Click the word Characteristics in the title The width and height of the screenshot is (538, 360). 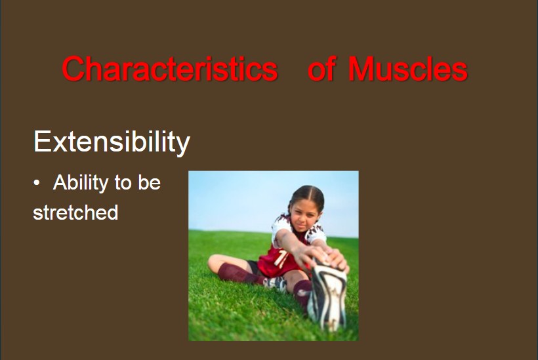[170, 69]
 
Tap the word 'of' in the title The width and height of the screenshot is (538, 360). [321, 69]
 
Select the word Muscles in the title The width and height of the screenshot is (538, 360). [407, 69]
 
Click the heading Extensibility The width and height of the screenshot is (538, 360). [112, 141]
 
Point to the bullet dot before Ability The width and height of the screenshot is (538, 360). [37, 183]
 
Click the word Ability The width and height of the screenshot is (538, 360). [81, 183]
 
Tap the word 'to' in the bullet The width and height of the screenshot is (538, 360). [123, 183]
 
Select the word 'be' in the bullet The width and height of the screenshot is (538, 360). [149, 182]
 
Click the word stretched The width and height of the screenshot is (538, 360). [75, 212]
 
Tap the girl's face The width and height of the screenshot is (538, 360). [304, 216]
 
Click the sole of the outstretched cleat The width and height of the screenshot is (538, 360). [327, 295]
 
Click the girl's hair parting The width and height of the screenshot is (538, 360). [308, 191]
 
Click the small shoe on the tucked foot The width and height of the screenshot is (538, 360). [276, 283]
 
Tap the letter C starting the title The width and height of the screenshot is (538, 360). [73, 69]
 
